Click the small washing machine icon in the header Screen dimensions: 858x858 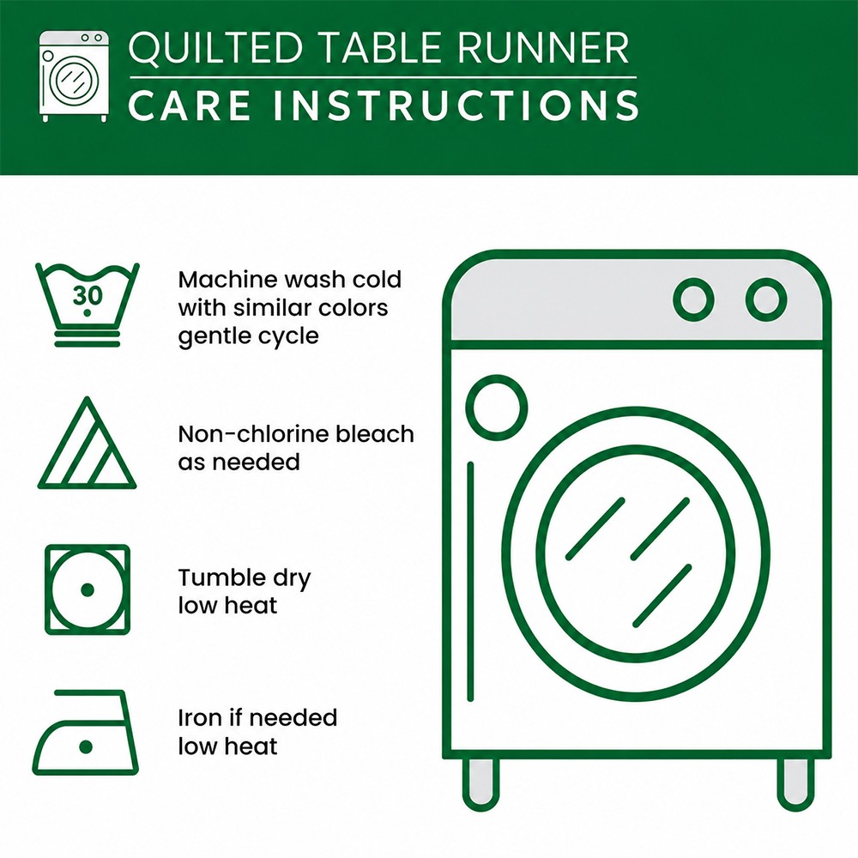pyautogui.click(x=74, y=76)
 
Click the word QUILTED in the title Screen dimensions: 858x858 pyautogui.click(x=215, y=48)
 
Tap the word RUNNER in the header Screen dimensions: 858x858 pyautogui.click(x=541, y=47)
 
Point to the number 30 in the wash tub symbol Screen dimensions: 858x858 pyautogui.click(x=88, y=295)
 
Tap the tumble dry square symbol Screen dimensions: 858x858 pyautogui.click(x=88, y=589)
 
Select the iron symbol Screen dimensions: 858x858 pyautogui.click(x=85, y=732)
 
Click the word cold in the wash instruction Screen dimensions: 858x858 pyautogui.click(x=377, y=280)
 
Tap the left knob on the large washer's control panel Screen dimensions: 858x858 pyautogui.click(x=693, y=299)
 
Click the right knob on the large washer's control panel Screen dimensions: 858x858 pyautogui.click(x=766, y=299)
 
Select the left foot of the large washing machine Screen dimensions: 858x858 pyautogui.click(x=481, y=783)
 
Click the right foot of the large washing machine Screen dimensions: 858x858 pyautogui.click(x=795, y=783)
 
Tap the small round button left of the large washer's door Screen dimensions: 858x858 pyautogui.click(x=497, y=408)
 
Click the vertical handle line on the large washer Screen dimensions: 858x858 pyautogui.click(x=470, y=582)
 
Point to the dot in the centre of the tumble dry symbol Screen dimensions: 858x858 pyautogui.click(x=88, y=590)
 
